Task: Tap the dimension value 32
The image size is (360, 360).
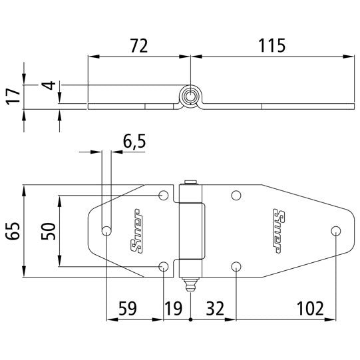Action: pyautogui.click(x=214, y=308)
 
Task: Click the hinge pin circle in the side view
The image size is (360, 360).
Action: pyautogui.click(x=190, y=96)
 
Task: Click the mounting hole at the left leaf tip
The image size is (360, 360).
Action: pyautogui.click(x=106, y=231)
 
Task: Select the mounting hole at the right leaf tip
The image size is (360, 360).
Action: pyautogui.click(x=335, y=231)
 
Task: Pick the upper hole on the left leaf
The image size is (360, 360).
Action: pyautogui.click(x=164, y=196)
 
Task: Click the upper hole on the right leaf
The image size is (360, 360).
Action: pyautogui.click(x=236, y=196)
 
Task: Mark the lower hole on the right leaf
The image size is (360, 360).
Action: pyautogui.click(x=236, y=267)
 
